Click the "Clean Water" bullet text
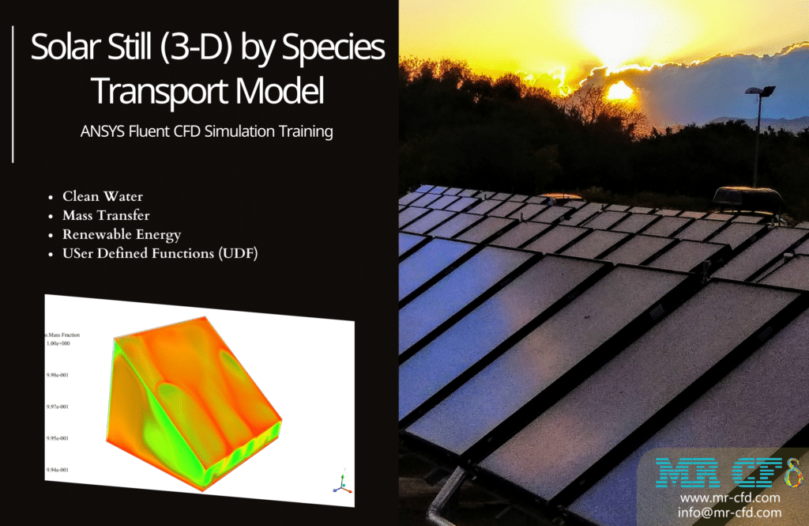(x=103, y=196)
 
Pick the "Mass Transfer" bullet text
(x=106, y=215)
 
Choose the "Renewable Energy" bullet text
(x=122, y=234)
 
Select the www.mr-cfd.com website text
(x=729, y=498)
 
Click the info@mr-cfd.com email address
(x=729, y=513)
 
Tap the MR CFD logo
(x=728, y=472)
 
